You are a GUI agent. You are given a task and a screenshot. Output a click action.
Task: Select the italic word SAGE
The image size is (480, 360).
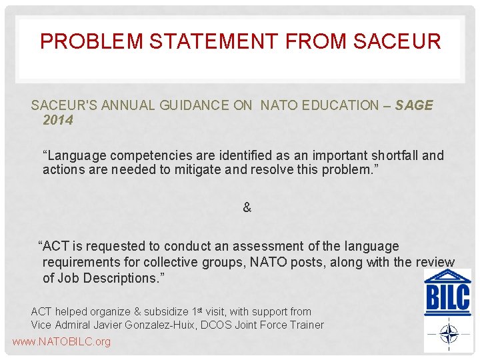(x=414, y=105)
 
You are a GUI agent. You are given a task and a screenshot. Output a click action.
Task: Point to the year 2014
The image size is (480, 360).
(x=58, y=121)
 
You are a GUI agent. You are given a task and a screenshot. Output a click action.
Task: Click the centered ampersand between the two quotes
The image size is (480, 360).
(x=247, y=207)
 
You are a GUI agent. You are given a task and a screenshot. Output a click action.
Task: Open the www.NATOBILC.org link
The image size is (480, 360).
(x=61, y=342)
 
